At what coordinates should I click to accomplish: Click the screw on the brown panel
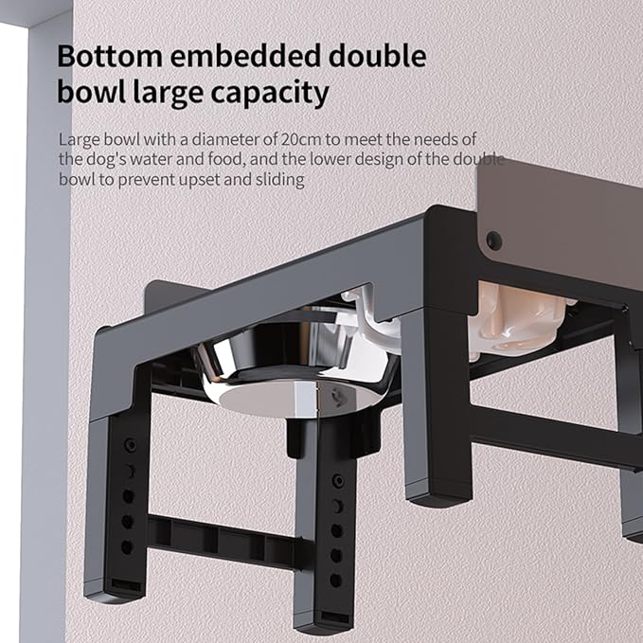[492, 240]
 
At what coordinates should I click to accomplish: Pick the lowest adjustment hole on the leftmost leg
[126, 546]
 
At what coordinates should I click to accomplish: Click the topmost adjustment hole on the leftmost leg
[130, 445]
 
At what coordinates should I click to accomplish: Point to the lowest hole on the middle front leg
[335, 580]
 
